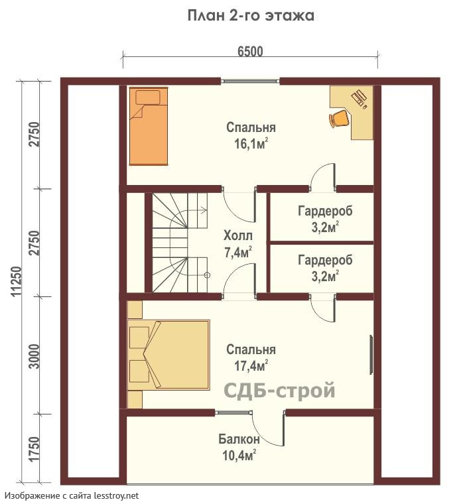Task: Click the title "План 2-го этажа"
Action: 251,16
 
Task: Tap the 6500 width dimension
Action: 250,52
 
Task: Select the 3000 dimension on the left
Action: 34,357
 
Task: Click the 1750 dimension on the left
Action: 34,449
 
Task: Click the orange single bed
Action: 149,126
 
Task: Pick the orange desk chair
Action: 339,119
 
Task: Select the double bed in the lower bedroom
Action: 168,355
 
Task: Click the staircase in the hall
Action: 180,243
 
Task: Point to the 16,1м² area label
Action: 251,144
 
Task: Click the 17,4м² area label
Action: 251,366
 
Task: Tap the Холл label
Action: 238,236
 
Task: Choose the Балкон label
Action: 239,439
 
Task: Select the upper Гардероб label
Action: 325,211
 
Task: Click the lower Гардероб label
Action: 325,260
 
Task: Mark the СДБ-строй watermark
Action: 279,390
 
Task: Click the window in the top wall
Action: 250,81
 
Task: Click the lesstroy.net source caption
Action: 72,495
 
